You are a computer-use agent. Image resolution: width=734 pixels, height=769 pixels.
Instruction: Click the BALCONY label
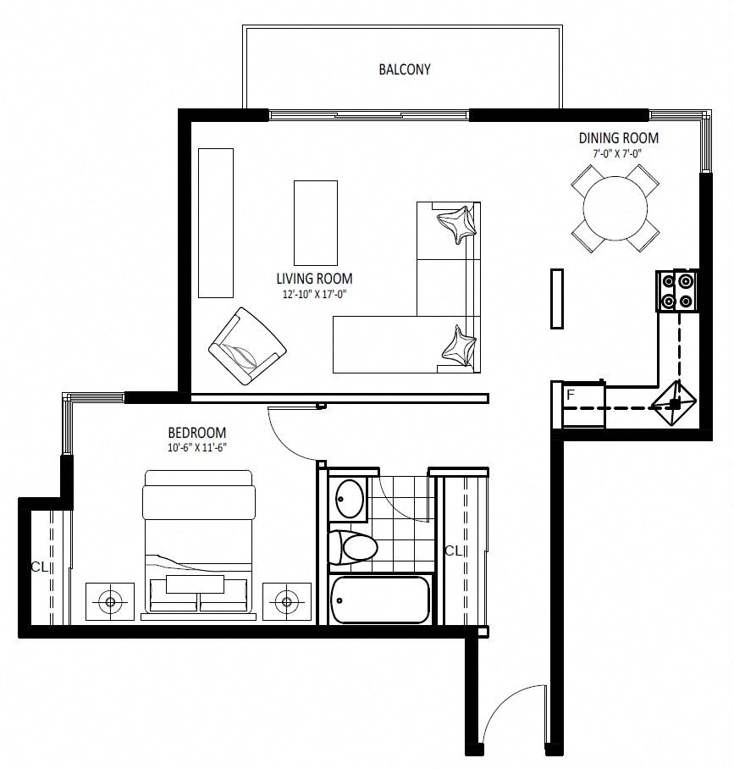[x=405, y=69]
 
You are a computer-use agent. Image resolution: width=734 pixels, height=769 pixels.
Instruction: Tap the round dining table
[x=615, y=208]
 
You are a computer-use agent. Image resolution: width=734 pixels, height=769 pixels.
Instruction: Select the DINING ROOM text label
[x=618, y=138]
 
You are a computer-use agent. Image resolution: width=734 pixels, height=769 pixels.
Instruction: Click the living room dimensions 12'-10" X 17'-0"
[x=314, y=294]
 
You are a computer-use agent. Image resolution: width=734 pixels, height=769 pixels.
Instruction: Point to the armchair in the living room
[x=247, y=346]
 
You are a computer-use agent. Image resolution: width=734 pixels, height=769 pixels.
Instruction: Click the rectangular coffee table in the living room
[x=315, y=223]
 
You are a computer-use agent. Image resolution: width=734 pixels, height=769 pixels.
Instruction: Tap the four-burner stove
[x=677, y=290]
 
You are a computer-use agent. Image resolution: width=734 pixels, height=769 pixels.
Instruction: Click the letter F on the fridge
[x=571, y=395]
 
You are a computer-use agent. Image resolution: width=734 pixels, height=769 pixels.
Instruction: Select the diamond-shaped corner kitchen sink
[x=674, y=403]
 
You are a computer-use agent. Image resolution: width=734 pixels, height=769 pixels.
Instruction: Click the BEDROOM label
[x=197, y=433]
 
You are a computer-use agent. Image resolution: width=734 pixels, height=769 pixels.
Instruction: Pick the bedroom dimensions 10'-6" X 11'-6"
[x=197, y=447]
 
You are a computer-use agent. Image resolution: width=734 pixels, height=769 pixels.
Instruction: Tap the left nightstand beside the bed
[x=110, y=601]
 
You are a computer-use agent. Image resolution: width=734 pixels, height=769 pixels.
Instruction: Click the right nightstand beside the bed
[x=287, y=601]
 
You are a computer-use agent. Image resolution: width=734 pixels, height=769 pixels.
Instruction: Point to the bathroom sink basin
[x=350, y=498]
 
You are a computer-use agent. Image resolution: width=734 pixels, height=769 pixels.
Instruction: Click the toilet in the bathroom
[x=352, y=547]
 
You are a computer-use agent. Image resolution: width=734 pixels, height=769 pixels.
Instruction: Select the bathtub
[x=380, y=600]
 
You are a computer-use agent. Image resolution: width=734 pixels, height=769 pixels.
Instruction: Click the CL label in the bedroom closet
[x=40, y=567]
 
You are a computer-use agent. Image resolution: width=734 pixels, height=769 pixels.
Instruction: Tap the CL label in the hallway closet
[x=454, y=551]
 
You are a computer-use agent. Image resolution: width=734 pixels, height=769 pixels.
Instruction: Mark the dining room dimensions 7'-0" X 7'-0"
[x=617, y=153]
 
